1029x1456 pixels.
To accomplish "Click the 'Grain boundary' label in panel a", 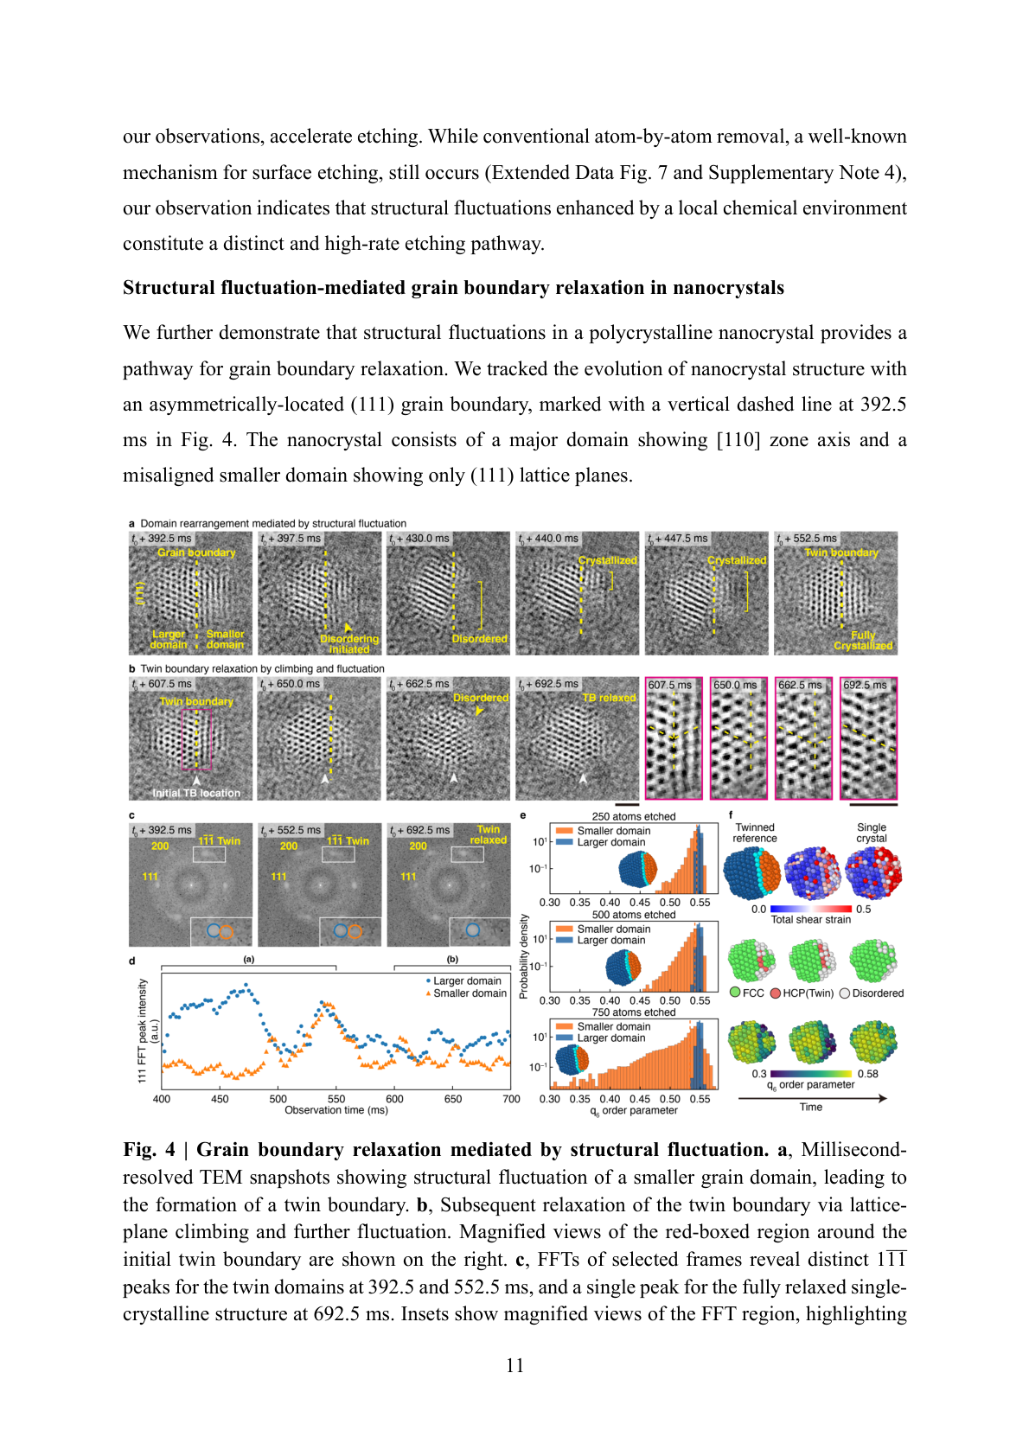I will point(196,552).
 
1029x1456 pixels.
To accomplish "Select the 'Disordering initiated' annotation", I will point(349,644).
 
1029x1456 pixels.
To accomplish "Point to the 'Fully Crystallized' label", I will point(863,641).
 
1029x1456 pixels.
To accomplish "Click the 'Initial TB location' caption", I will point(196,793).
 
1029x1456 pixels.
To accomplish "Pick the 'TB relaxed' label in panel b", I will point(609,698).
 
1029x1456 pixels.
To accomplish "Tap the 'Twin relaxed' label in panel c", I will point(489,834).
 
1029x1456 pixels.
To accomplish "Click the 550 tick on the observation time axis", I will point(336,1099).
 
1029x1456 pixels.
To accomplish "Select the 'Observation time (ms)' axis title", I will point(336,1110).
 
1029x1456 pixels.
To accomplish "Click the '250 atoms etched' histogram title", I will point(634,816).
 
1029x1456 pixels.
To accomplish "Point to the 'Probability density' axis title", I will point(524,957).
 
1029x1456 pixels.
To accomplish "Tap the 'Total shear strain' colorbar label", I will point(810,920).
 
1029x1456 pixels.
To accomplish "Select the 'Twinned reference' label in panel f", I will point(755,833).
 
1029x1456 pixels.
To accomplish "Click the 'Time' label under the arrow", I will point(811,1107).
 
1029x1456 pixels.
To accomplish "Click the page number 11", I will point(514,1365).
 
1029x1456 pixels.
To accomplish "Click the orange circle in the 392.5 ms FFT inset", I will point(226,931).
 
